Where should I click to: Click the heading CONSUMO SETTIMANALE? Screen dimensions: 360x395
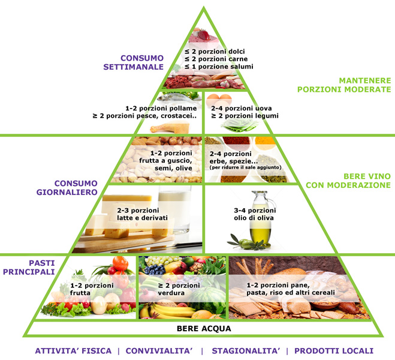tap(141, 62)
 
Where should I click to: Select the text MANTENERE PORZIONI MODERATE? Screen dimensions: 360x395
tap(340, 85)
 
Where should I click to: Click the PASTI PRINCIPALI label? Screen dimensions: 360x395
tap(41, 267)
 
